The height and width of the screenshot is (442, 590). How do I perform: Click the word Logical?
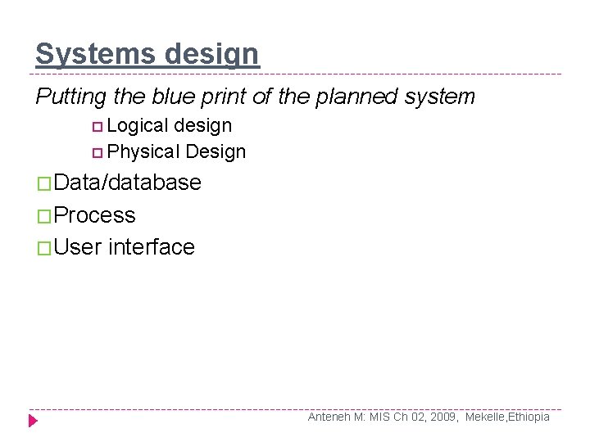click(x=137, y=126)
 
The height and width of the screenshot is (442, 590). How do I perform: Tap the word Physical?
click(x=143, y=151)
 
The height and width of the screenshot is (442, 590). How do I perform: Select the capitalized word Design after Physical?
click(x=216, y=151)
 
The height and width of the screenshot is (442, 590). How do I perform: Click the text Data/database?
click(x=128, y=183)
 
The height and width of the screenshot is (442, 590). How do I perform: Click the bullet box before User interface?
click(x=43, y=248)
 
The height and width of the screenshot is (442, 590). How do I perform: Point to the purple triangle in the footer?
click(x=33, y=421)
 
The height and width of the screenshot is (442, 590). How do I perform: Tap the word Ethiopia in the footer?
click(x=529, y=417)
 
